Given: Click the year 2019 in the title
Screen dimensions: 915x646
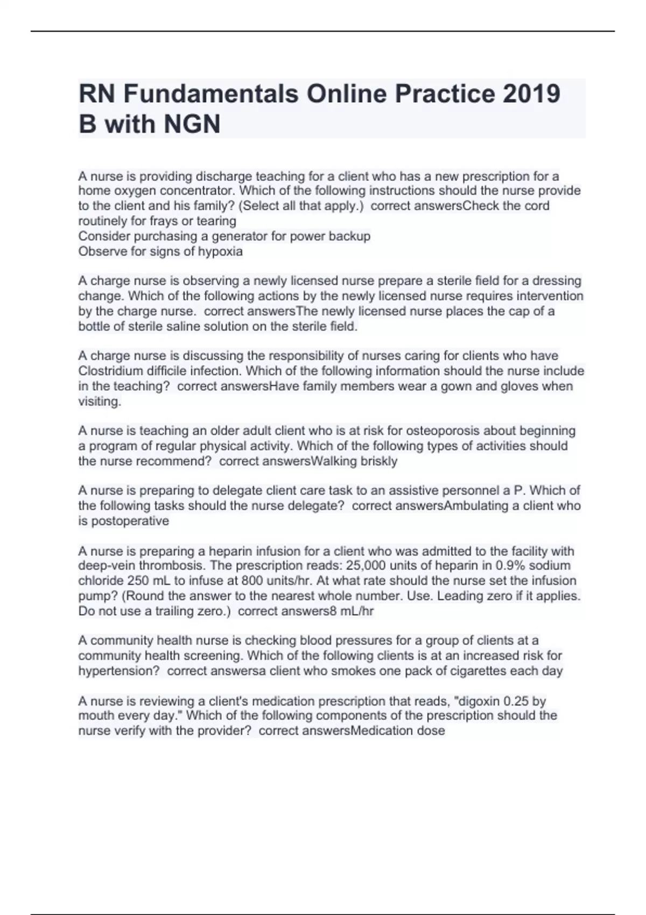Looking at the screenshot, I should click(531, 94).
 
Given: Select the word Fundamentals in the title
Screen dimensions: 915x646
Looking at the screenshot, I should click(211, 94).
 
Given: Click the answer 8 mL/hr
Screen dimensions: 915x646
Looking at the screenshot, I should click(355, 611).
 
